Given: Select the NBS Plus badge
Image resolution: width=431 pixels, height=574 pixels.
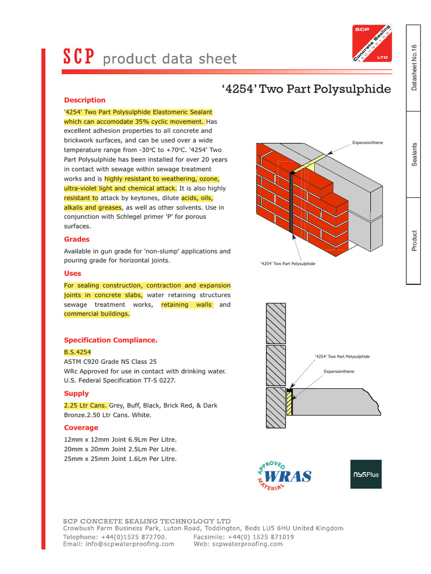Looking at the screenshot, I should [365, 474].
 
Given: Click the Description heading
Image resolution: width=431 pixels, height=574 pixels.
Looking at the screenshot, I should [85, 100].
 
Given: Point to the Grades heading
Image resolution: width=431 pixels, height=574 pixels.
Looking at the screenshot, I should [77, 239].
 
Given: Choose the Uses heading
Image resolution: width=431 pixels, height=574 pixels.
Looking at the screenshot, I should [72, 274].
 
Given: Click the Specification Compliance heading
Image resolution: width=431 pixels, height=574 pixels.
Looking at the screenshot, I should [111, 340].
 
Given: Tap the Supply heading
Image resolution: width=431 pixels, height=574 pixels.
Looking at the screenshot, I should [76, 394].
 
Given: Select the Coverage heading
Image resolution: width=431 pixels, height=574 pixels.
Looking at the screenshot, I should [81, 428].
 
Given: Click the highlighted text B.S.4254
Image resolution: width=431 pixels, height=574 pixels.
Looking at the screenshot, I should [77, 351].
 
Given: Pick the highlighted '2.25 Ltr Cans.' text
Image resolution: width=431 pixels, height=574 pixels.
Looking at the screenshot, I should [85, 405].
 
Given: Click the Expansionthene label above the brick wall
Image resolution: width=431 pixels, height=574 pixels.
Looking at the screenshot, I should [367, 143].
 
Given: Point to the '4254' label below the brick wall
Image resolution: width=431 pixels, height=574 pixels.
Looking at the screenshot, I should [288, 263].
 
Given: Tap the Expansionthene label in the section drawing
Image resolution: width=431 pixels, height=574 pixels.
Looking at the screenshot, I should [339, 371].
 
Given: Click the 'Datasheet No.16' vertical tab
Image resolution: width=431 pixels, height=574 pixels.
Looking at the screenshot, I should [414, 68].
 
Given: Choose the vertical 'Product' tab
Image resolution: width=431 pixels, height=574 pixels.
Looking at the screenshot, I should [414, 240].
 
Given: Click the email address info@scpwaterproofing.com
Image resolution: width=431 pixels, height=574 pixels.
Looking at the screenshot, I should [118, 544].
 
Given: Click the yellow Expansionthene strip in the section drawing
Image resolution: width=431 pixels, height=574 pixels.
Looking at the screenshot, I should [290, 404].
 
